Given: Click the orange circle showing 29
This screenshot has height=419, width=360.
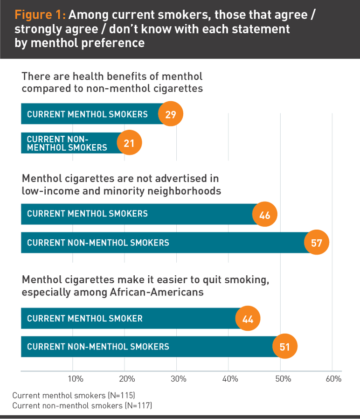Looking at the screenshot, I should (x=171, y=114).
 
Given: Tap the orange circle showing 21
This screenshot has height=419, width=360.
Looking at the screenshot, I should (x=129, y=143).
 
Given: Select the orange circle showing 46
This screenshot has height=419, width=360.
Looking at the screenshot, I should (x=265, y=215).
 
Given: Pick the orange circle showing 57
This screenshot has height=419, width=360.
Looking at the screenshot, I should (x=317, y=243).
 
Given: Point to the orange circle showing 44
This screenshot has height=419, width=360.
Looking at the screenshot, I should (x=248, y=319).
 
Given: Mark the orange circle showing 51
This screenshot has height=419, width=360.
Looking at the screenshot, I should (x=284, y=348).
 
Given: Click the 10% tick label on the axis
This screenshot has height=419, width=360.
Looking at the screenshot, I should (x=76, y=379).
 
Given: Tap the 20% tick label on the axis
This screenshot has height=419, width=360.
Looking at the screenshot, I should (x=127, y=379).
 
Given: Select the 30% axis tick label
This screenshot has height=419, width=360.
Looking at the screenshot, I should (x=179, y=379).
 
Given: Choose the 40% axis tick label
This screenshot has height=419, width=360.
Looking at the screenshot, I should (x=230, y=379).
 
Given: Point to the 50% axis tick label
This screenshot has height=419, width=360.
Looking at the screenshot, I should (x=282, y=379).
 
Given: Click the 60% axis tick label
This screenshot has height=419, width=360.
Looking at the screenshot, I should (x=333, y=379).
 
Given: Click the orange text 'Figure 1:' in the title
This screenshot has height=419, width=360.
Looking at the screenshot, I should (x=40, y=15).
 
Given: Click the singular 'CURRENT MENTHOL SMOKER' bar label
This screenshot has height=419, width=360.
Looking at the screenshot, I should (x=85, y=319).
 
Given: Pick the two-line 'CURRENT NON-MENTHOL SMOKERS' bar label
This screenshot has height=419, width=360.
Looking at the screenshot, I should (x=67, y=143).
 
